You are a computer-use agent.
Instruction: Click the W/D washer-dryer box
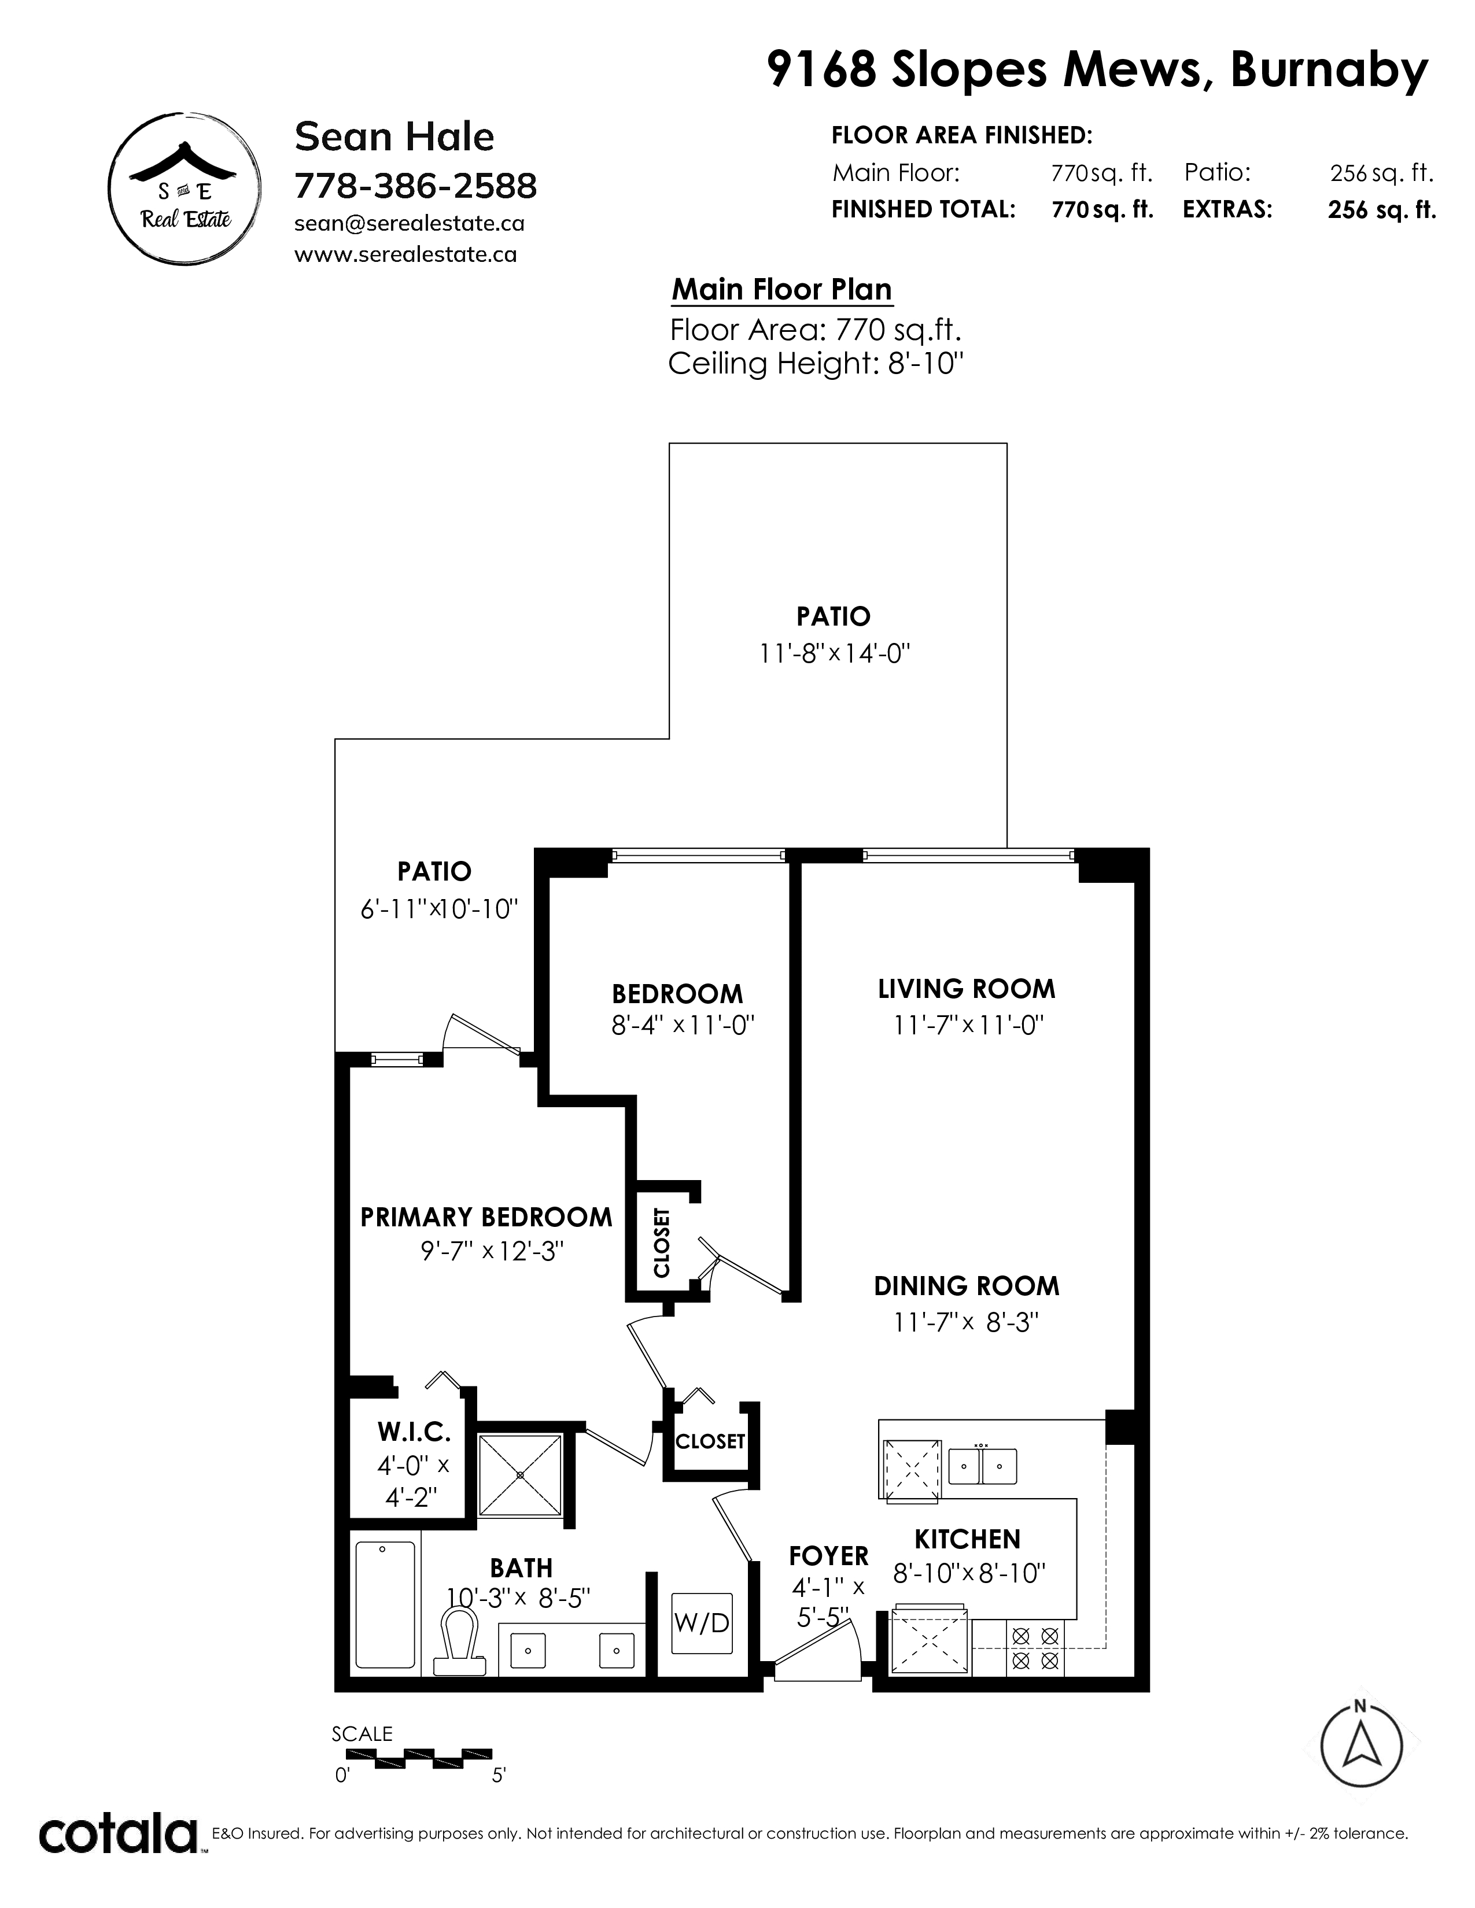click(701, 1622)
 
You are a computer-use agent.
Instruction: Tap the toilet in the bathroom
click(460, 1641)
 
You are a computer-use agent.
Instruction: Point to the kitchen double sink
click(983, 1466)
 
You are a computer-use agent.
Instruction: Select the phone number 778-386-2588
click(416, 186)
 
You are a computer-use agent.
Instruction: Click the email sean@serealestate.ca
click(410, 224)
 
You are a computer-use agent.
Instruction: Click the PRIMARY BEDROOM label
click(486, 1217)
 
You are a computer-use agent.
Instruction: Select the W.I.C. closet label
click(414, 1432)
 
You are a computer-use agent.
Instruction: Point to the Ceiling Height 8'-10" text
click(815, 364)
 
